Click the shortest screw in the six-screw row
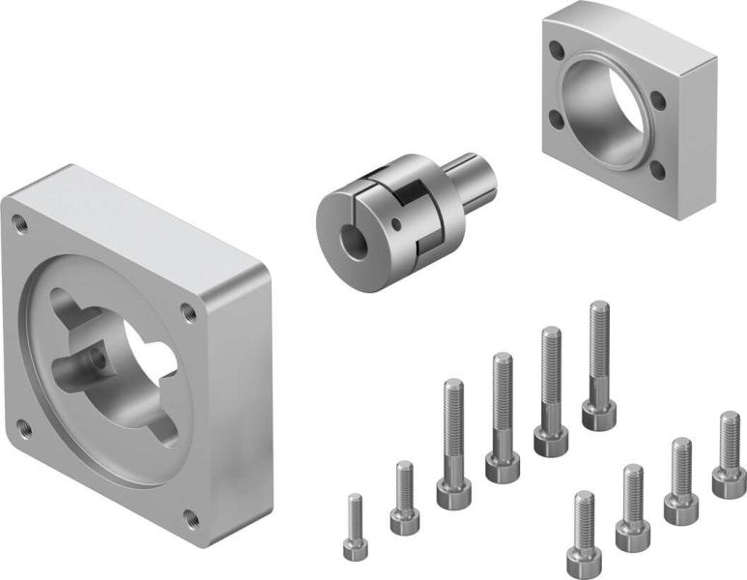click(355, 530)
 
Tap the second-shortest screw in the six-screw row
click(404, 499)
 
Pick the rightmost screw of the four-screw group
click(730, 455)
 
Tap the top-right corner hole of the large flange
click(187, 310)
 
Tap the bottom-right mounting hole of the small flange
click(657, 170)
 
